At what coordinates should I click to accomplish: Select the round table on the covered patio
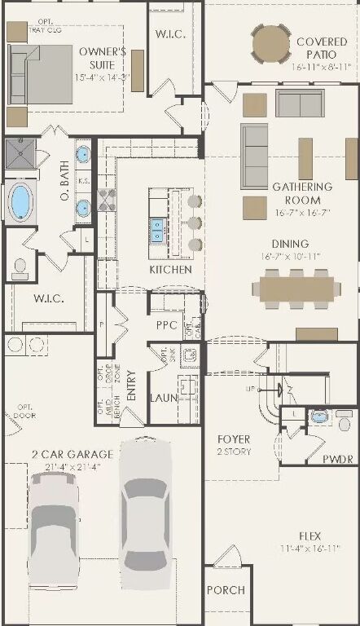(270, 43)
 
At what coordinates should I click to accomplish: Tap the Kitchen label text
(170, 269)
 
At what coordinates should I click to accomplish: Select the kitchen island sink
(156, 225)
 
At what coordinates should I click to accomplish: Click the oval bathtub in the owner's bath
(20, 201)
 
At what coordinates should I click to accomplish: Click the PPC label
(167, 324)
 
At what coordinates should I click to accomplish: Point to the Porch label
(225, 590)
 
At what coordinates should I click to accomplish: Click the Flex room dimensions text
(306, 549)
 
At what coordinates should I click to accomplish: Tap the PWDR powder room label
(338, 459)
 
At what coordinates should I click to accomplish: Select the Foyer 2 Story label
(233, 445)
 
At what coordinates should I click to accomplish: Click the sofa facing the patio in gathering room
(299, 104)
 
